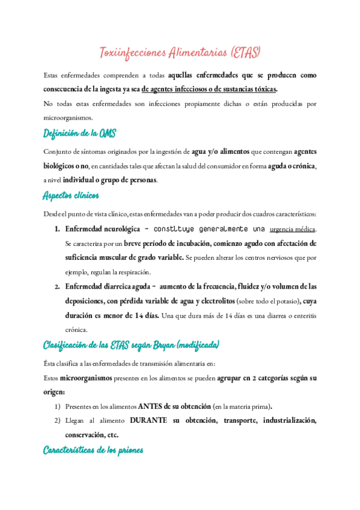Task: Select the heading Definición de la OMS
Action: [79, 133]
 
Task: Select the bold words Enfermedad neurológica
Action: [99, 229]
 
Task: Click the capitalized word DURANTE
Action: [150, 420]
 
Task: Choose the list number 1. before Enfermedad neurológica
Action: [58, 229]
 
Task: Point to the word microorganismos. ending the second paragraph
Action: [69, 118]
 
